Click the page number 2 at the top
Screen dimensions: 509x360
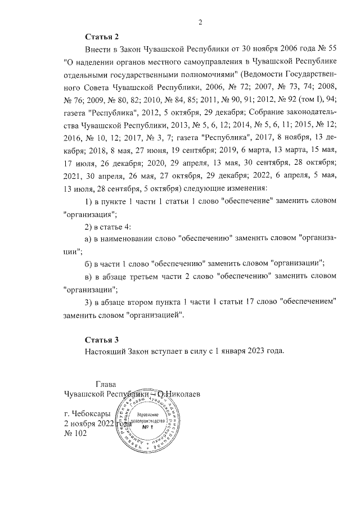point(200,22)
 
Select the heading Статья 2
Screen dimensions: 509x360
point(102,37)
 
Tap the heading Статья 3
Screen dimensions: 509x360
point(102,340)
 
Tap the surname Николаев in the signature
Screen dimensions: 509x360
point(183,394)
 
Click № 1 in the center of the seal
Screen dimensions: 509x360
point(148,427)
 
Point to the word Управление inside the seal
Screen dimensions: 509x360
point(148,413)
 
